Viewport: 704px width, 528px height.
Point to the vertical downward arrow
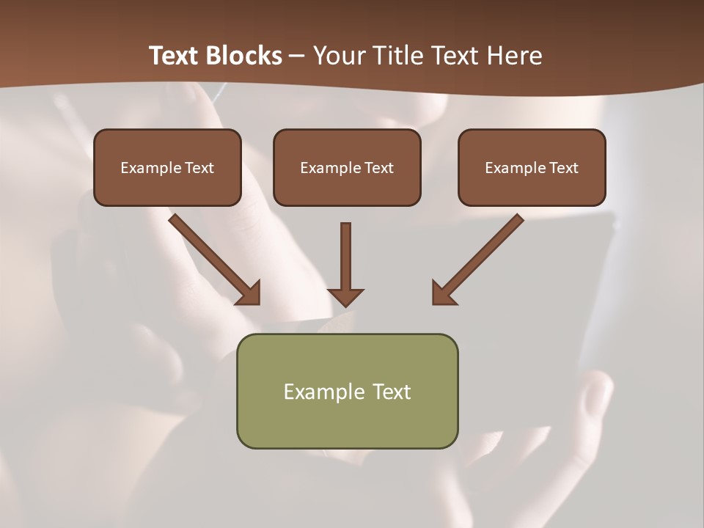point(345,257)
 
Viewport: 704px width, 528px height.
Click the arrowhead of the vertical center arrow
point(345,296)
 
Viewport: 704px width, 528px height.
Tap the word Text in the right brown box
point(564,168)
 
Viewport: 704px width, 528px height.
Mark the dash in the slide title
point(297,56)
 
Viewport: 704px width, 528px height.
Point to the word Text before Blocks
point(175,56)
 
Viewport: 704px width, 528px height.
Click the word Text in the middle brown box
point(379,168)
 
